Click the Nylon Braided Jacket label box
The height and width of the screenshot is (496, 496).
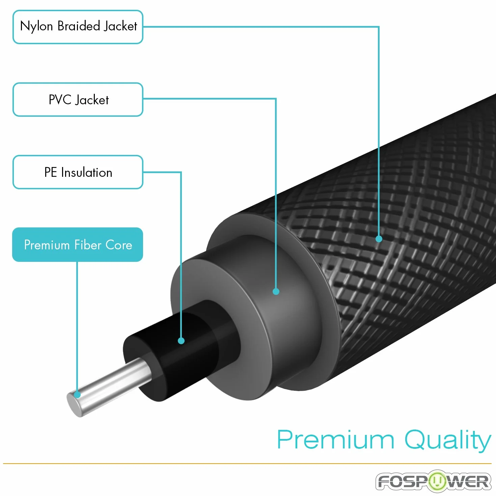coord(78,27)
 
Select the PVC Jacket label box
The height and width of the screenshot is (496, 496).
coord(78,99)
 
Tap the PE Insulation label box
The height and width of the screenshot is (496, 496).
coord(78,172)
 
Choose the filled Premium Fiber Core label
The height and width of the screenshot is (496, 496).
coord(78,245)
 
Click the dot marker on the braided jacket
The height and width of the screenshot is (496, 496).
coord(379,239)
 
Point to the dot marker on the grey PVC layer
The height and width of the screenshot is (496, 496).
coord(276,292)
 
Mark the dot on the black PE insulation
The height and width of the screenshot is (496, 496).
coord(181,341)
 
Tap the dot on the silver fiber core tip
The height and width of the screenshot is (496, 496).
coord(77,394)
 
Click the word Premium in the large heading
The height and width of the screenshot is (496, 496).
coord(335,440)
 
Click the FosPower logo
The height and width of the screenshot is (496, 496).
coord(434,481)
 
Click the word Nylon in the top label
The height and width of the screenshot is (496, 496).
coord(36,27)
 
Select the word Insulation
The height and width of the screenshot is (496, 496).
coord(87,172)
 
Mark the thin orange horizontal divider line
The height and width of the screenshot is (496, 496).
coord(247,464)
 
